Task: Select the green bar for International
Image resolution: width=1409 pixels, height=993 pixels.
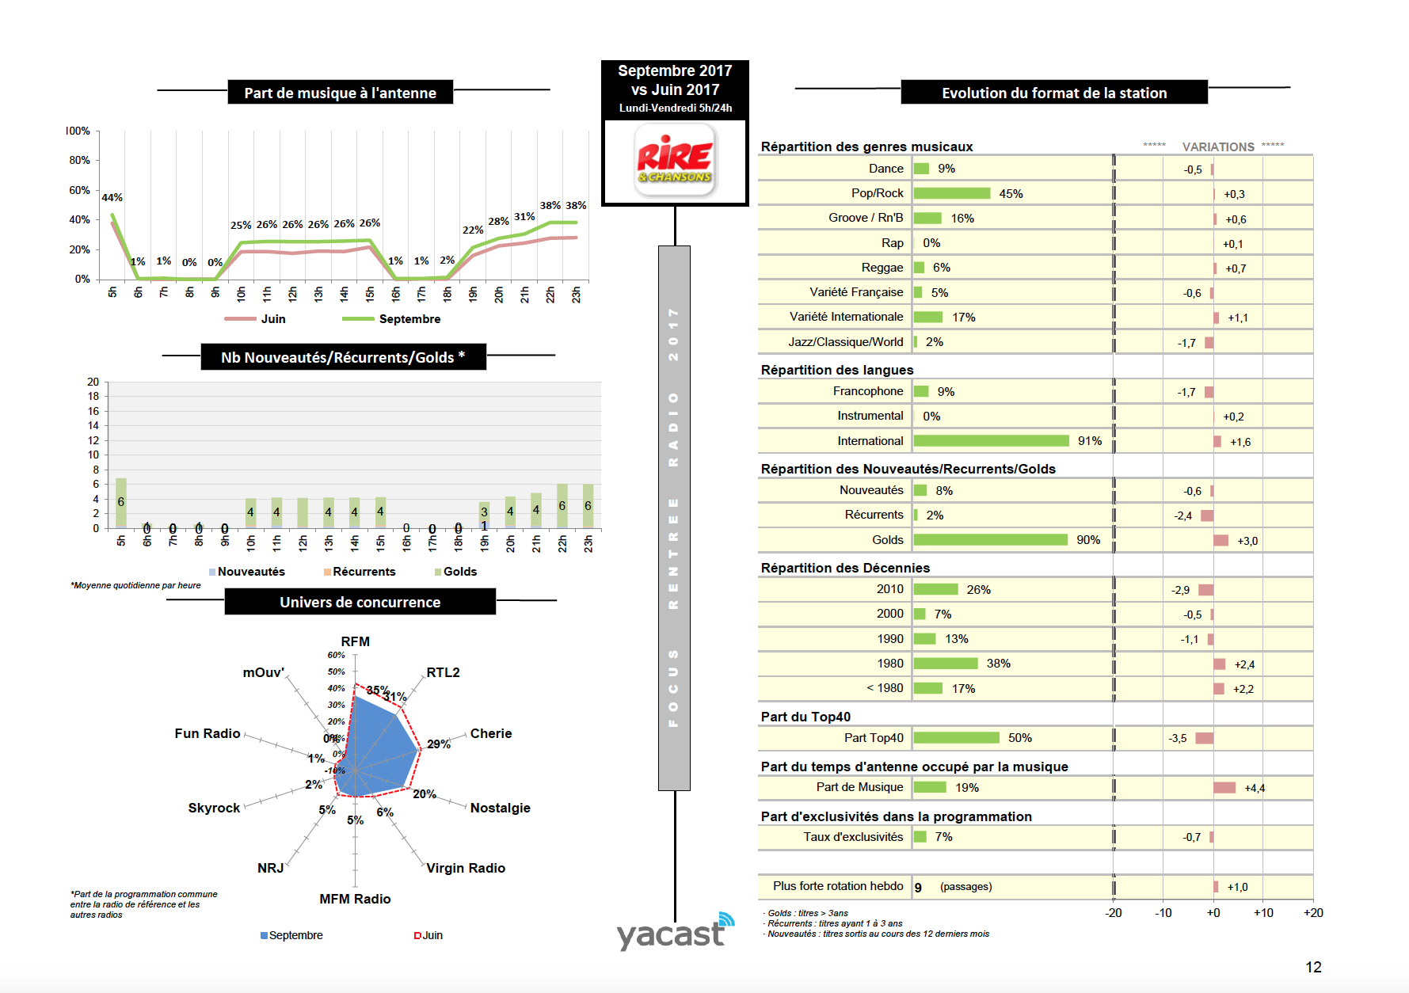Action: pos(991,441)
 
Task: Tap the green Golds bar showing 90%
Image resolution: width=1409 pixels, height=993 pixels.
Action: pos(990,540)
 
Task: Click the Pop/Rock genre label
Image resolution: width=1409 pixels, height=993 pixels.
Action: pos(877,193)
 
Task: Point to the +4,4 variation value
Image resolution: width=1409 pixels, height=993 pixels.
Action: pos(1255,788)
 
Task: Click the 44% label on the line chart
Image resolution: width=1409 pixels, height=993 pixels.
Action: pos(112,197)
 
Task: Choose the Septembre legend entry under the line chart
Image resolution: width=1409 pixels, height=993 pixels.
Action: pos(409,319)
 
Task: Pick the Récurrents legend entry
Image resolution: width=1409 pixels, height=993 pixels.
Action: pos(364,572)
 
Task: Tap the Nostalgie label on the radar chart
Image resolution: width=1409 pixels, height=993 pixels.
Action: pos(500,808)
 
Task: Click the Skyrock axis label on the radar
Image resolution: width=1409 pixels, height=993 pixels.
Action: pos(214,808)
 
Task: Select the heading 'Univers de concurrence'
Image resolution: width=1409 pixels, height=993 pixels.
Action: pos(360,602)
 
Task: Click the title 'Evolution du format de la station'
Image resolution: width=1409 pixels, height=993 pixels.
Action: pos(1053,93)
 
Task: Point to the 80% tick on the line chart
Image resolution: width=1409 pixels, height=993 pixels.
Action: pos(79,160)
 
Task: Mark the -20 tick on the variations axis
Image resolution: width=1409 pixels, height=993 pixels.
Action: pos(1113,913)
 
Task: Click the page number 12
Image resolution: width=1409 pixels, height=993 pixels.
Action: pos(1313,967)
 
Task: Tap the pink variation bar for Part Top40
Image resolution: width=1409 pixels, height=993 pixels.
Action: pos(1205,738)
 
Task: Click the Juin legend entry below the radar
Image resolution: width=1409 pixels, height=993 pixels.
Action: pos(432,935)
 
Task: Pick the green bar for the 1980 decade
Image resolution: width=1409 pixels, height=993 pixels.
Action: pos(946,664)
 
